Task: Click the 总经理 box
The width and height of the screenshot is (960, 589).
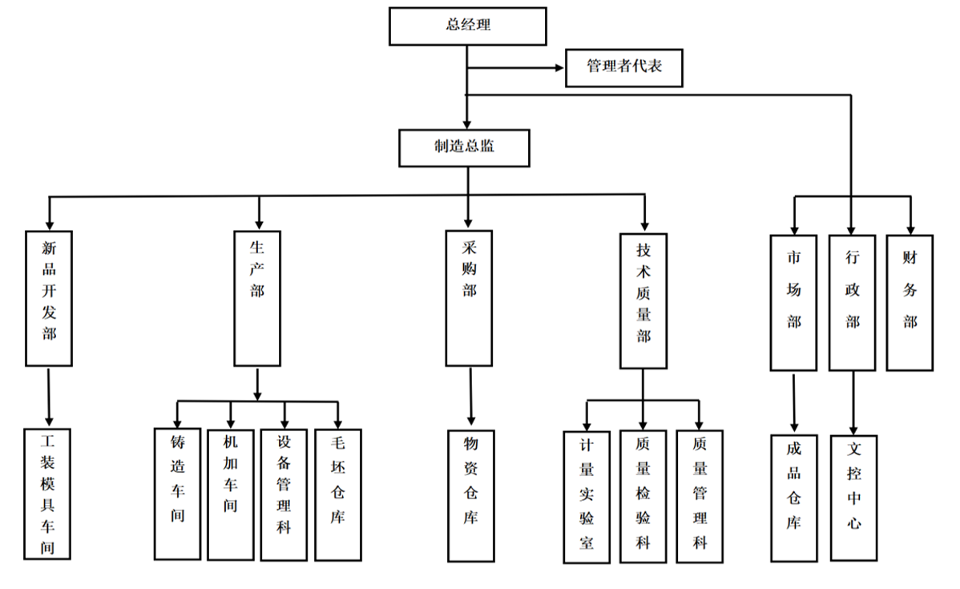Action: pyautogui.click(x=468, y=26)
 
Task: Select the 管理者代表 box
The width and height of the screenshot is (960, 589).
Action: pyautogui.click(x=624, y=67)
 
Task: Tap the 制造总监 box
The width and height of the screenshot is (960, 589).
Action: pyautogui.click(x=464, y=147)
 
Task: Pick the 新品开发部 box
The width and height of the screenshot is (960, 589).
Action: pyautogui.click(x=49, y=298)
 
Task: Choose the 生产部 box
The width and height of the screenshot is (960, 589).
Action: pyautogui.click(x=257, y=298)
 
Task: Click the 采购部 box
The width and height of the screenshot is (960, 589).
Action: pyautogui.click(x=469, y=298)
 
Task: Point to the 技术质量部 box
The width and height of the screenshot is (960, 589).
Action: pyautogui.click(x=643, y=301)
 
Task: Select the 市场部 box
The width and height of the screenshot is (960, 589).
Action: pyautogui.click(x=793, y=303)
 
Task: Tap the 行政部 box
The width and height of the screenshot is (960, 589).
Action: pyautogui.click(x=852, y=303)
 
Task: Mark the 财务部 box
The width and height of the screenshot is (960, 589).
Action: pyautogui.click(x=910, y=303)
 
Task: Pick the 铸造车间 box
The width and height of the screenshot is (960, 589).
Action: pyautogui.click(x=177, y=494)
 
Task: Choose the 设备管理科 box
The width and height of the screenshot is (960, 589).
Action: pyautogui.click(x=284, y=495)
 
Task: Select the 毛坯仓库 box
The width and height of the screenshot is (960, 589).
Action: pyautogui.click(x=337, y=495)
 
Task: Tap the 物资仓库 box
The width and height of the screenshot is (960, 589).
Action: pyautogui.click(x=470, y=495)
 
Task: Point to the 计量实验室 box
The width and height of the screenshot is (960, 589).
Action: pyautogui.click(x=587, y=497)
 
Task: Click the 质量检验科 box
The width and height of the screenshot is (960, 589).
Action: pyautogui.click(x=643, y=497)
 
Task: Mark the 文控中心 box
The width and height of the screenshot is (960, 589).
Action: pyautogui.click(x=853, y=498)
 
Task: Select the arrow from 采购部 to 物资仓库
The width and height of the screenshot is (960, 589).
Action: pyautogui.click(x=470, y=397)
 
